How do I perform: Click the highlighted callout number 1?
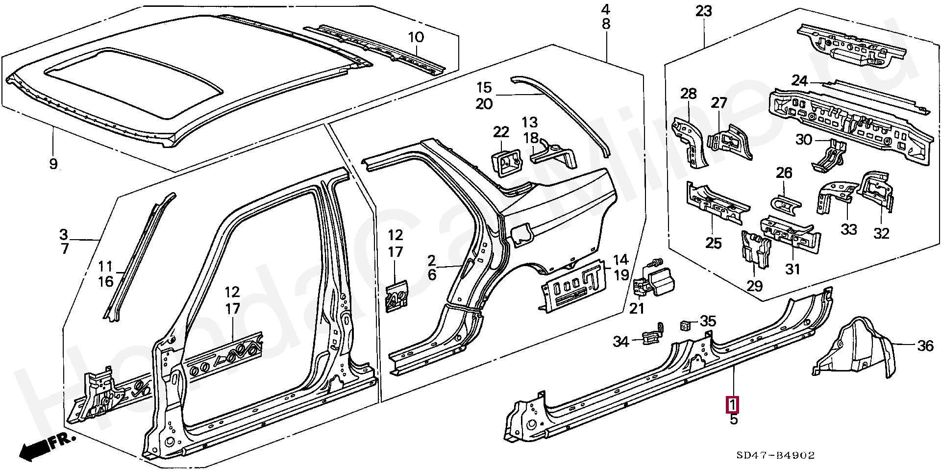coord(732,405)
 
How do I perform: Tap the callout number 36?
coord(925,346)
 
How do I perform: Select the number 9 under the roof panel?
coord(53,164)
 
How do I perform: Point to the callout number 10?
coord(416,37)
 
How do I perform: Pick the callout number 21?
coord(637,308)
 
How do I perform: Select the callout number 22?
coord(501,132)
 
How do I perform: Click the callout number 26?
coord(784,173)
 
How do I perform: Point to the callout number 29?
coord(754,285)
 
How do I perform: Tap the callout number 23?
coord(703,11)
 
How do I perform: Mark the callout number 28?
coord(689,93)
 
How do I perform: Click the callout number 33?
coord(849,229)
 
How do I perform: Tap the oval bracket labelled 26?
coord(786,203)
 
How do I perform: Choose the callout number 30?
coord(804,140)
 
